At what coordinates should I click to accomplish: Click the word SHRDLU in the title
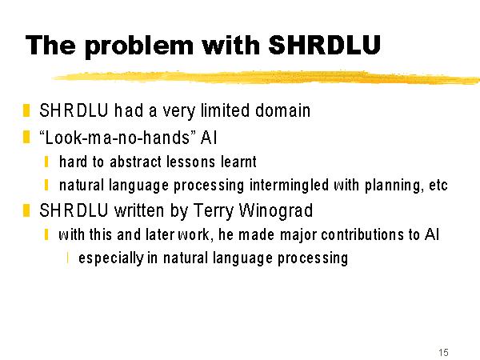click(x=324, y=45)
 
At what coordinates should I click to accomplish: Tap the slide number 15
click(x=443, y=352)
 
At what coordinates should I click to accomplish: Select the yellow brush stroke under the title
click(x=266, y=77)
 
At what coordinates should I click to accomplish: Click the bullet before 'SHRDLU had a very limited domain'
click(x=26, y=110)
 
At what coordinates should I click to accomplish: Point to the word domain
click(x=283, y=110)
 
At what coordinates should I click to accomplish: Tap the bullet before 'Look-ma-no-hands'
click(x=26, y=137)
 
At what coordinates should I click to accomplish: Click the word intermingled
click(x=289, y=186)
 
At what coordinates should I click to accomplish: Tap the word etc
click(x=438, y=186)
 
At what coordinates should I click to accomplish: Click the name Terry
click(x=213, y=211)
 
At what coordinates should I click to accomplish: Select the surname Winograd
click(x=275, y=211)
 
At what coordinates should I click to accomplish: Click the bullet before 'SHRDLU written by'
click(x=26, y=210)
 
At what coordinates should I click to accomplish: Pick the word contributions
click(x=362, y=234)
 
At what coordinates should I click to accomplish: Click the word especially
click(x=111, y=258)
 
